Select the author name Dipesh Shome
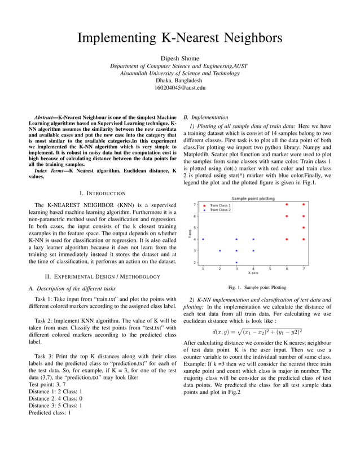179,58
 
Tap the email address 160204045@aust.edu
179,88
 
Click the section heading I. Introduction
103,193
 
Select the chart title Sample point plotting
253,199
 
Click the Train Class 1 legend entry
219,205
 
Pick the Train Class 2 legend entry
219,210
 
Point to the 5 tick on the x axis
270,269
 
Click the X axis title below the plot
253,273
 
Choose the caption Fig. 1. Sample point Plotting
253,287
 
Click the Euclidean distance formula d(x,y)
257,331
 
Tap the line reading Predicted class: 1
50,412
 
